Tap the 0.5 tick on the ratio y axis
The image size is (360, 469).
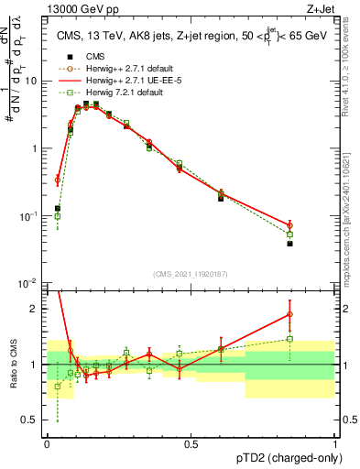click(32, 421)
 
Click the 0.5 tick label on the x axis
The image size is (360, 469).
click(191, 443)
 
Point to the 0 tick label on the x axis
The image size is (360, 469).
click(47, 443)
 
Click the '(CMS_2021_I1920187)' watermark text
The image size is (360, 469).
click(191, 273)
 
